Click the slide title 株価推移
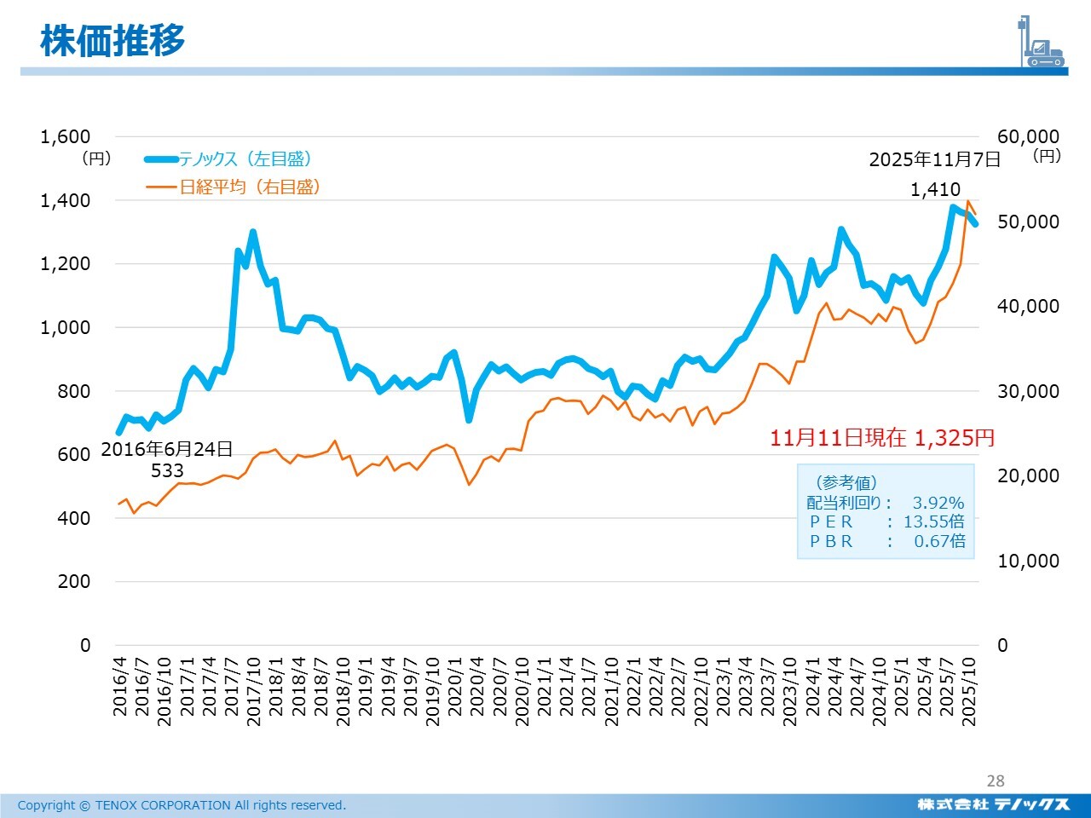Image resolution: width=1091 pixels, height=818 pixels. click(x=113, y=40)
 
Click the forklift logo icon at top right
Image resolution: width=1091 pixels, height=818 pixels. click(x=1042, y=42)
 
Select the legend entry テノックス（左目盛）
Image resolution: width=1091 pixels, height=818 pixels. click(x=245, y=159)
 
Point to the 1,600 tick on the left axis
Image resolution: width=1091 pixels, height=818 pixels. click(x=66, y=136)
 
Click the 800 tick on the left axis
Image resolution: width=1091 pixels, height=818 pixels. click(x=73, y=391)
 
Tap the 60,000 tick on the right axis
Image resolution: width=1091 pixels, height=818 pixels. click(x=1028, y=136)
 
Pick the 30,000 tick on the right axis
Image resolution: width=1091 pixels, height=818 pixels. click(x=1028, y=391)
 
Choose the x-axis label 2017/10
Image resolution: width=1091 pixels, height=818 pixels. click(x=253, y=691)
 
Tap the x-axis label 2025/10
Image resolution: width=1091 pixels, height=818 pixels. click(x=968, y=691)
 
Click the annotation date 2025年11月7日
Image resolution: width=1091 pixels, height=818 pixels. click(x=934, y=159)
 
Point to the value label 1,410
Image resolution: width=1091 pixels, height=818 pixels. click(x=935, y=189)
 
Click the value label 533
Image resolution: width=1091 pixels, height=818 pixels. click(x=167, y=470)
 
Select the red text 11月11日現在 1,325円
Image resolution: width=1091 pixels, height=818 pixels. click(x=882, y=438)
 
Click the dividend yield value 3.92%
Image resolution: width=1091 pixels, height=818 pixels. click(x=938, y=503)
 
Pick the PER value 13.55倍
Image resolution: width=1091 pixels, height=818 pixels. click(x=934, y=521)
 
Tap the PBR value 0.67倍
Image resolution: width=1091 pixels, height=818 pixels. click(x=939, y=541)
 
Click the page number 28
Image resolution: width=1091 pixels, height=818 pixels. click(x=996, y=781)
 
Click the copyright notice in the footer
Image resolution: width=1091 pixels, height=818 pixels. click(x=182, y=805)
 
